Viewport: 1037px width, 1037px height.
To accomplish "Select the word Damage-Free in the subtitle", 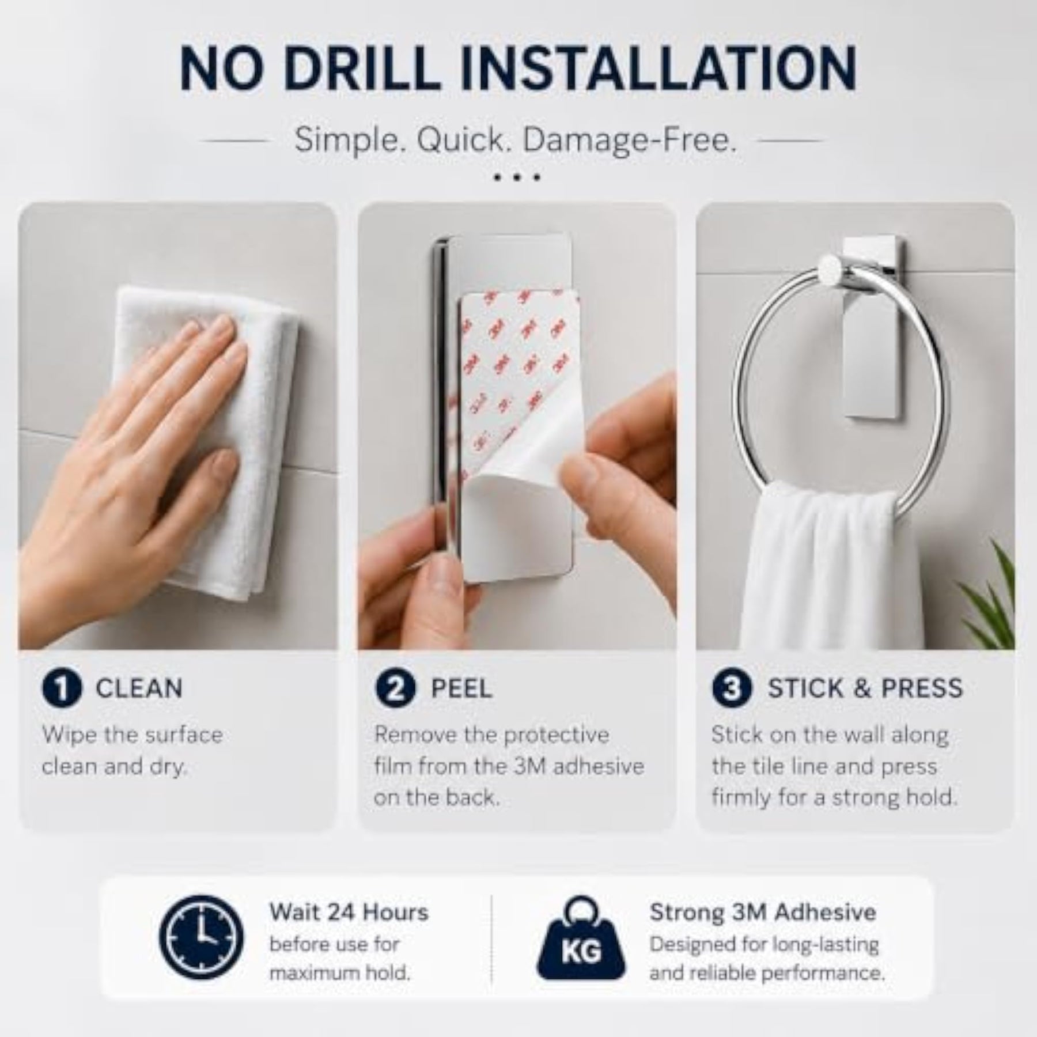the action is coord(630,141).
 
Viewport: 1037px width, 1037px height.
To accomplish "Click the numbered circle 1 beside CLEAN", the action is coord(62,688).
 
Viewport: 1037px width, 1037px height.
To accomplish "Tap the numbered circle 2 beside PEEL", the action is coord(395,688).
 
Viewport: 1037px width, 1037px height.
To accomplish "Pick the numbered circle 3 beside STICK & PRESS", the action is coord(732,688).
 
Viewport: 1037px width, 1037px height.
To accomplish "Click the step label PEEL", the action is coord(461,688).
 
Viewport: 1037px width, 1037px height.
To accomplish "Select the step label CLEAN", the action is coord(139,688).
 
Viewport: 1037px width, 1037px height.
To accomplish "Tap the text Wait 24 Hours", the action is coord(349,913).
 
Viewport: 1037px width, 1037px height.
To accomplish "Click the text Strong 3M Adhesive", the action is coord(763,913).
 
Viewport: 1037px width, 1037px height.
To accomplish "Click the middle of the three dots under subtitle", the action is coord(517,177).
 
